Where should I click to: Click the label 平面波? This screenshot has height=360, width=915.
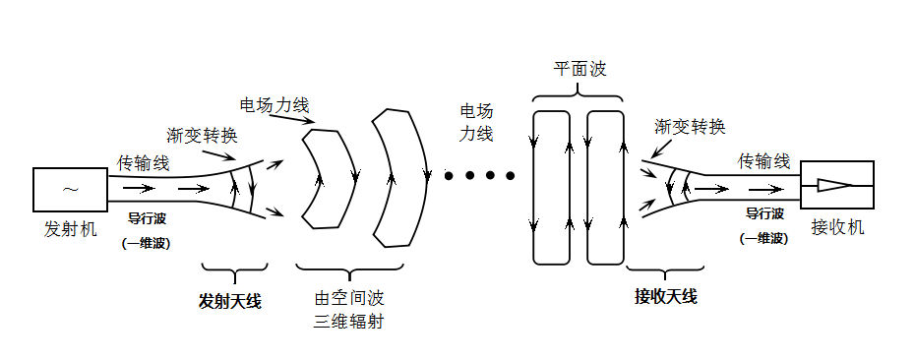click(x=579, y=70)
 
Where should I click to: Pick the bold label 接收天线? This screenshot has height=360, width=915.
click(x=666, y=296)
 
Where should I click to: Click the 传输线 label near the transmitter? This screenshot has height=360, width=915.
click(x=145, y=161)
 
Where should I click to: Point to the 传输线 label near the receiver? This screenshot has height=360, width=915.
click(x=764, y=160)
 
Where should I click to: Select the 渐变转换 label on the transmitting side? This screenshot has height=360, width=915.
click(x=203, y=135)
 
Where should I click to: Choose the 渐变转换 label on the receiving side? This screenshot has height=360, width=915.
click(x=690, y=127)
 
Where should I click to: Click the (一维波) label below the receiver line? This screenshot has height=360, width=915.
click(x=763, y=237)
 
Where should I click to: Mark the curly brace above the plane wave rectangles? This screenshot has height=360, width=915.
click(x=579, y=95)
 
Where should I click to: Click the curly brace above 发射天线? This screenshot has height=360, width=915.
click(x=233, y=270)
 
